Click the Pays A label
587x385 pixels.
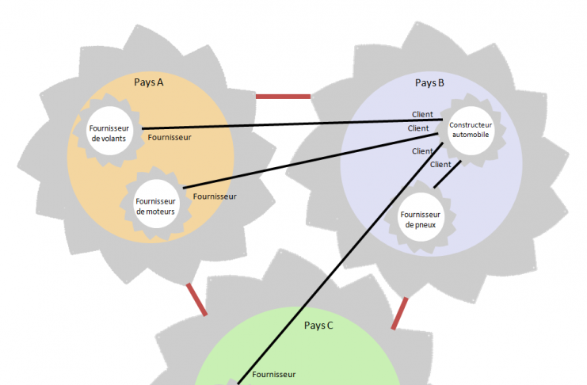tap(149, 82)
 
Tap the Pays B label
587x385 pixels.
tap(429, 82)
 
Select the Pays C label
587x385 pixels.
tap(318, 325)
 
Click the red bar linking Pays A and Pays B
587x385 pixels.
tap(283, 97)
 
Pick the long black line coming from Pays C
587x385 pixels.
tap(333, 261)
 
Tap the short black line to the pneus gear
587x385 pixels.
tap(448, 174)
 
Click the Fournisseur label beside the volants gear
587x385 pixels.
tap(170, 137)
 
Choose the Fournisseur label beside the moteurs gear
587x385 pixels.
tap(214, 196)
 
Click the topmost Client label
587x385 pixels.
tap(422, 115)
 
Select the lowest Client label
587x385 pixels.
tap(440, 165)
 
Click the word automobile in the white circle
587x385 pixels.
tap(471, 134)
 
